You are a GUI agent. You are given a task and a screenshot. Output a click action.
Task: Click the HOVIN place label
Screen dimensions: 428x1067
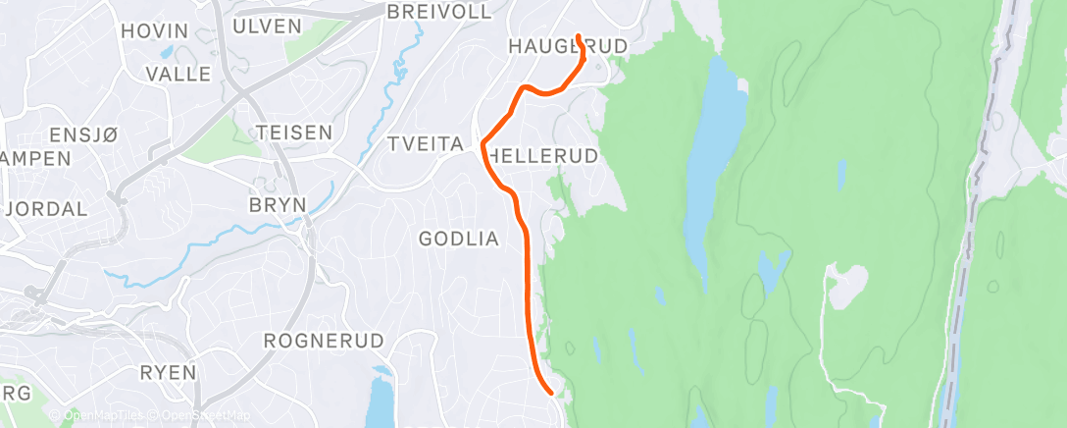(x=153, y=31)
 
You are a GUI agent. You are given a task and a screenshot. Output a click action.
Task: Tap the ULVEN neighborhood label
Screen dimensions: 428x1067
(x=268, y=27)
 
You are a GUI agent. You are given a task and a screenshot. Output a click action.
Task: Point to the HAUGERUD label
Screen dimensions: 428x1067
(x=567, y=46)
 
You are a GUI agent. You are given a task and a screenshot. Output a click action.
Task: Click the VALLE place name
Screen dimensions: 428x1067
(x=178, y=74)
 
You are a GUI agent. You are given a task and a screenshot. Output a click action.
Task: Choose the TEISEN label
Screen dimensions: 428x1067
(x=292, y=132)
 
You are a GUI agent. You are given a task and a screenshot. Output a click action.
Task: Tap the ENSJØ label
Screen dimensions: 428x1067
(x=82, y=136)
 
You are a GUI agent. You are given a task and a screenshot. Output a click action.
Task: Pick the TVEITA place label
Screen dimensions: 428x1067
(x=425, y=144)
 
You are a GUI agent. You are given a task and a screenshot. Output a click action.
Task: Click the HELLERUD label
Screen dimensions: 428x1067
(x=542, y=156)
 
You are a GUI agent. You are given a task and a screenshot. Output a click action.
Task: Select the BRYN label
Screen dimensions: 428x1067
(x=279, y=204)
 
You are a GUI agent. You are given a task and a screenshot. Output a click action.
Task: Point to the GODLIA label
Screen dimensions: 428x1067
(x=459, y=239)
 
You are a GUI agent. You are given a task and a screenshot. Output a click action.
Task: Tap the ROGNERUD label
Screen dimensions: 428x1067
(x=315, y=341)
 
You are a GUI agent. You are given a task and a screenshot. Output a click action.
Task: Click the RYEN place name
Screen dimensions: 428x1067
(x=168, y=373)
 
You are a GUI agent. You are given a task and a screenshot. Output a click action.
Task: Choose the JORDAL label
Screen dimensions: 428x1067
(x=46, y=209)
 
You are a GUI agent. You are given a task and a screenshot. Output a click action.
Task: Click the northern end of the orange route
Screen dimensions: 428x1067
(x=579, y=36)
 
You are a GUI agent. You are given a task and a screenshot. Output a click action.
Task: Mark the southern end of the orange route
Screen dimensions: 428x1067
(x=553, y=393)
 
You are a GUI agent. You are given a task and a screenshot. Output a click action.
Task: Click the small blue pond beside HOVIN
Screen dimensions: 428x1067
(x=167, y=52)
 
